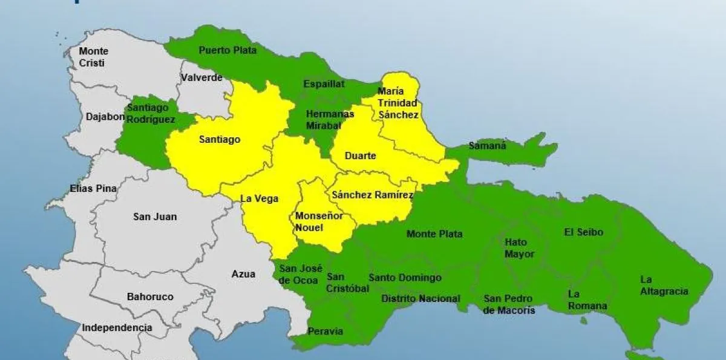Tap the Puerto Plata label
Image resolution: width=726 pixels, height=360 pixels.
[x=223, y=50]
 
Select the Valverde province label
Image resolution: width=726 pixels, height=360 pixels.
[x=201, y=77]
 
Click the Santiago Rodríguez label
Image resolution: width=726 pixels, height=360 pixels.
[x=151, y=113]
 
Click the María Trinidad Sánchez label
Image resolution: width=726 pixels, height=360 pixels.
[x=397, y=103]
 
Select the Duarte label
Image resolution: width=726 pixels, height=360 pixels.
[x=360, y=155]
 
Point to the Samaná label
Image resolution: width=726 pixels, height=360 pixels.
[x=488, y=145]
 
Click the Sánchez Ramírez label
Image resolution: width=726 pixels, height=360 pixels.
[x=372, y=195]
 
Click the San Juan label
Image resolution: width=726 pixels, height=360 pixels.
[x=155, y=216]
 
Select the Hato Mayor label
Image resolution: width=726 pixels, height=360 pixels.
[x=519, y=248]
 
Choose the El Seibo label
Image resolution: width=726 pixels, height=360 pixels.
[x=583, y=232]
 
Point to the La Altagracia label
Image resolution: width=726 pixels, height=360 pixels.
[x=664, y=286]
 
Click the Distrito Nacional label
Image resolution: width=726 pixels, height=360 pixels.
[x=420, y=298]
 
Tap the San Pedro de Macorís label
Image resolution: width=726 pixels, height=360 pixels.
[x=509, y=304]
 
